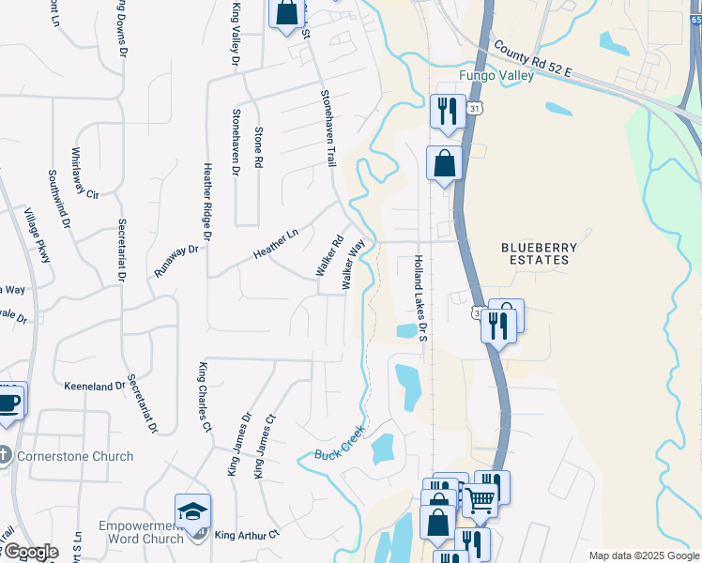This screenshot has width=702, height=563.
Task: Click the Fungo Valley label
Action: coord(496,75)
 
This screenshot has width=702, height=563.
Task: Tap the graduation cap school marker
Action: coord(192,512)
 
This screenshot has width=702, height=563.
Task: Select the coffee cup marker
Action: coord(9,402)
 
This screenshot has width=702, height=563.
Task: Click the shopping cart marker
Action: coord(480,501)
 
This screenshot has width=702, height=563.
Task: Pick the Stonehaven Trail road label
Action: coord(328,129)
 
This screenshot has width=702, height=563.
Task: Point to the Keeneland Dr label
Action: coord(95,386)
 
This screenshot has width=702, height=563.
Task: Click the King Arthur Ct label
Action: coord(248,535)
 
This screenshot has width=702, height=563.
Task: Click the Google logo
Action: coord(30,552)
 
